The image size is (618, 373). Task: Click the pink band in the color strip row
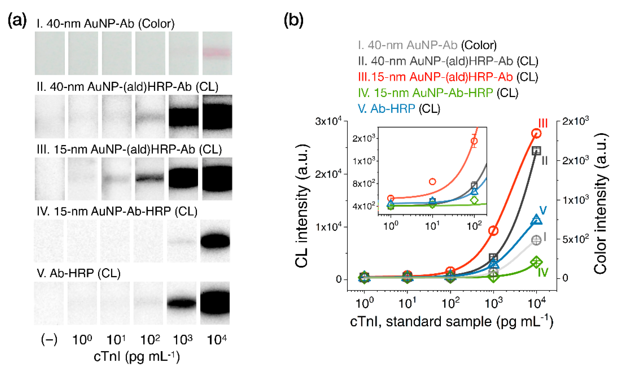(x=217, y=53)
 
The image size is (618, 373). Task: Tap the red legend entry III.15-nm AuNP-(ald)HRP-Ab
(x=435, y=77)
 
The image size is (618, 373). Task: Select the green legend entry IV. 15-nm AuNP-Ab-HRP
(x=425, y=93)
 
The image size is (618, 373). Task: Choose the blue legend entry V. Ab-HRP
(x=386, y=109)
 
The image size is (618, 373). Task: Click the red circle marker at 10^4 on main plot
(x=536, y=133)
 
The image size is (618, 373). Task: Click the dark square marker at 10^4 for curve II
(x=536, y=151)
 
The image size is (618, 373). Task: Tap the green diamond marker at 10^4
(x=536, y=262)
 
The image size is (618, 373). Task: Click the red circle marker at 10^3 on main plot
(x=493, y=231)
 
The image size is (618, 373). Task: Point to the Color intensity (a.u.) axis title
(x=600, y=203)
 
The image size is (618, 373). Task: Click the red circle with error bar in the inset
(x=474, y=141)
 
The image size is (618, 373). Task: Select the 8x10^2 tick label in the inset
(x=364, y=184)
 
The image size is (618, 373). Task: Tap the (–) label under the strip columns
(x=49, y=340)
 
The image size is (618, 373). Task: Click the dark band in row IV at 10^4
(x=215, y=241)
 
